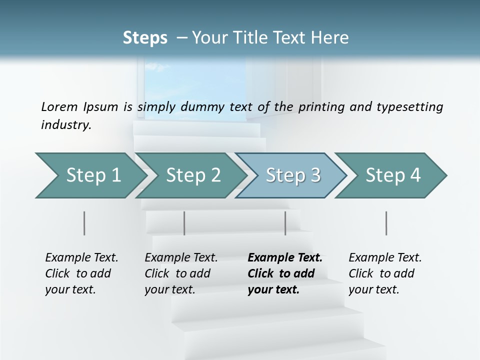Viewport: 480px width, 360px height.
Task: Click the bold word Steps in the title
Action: pos(145,38)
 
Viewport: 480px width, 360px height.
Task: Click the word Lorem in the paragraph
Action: pos(59,106)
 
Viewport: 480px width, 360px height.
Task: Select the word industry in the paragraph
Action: pos(65,125)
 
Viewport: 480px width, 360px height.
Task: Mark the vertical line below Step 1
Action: pos(84,223)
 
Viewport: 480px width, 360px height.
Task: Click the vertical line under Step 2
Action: pos(184,223)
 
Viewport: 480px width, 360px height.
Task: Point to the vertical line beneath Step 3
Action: pos(285,223)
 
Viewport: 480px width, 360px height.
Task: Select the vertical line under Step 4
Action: pos(386,223)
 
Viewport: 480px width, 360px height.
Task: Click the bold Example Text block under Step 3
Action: pos(285,273)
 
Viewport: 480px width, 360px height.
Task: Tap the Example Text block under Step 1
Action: pos(81,273)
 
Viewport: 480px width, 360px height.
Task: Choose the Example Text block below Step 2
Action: pos(181,273)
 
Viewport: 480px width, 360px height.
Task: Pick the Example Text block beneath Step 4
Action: pos(385,273)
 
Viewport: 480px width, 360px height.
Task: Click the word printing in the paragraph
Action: pos(318,106)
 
